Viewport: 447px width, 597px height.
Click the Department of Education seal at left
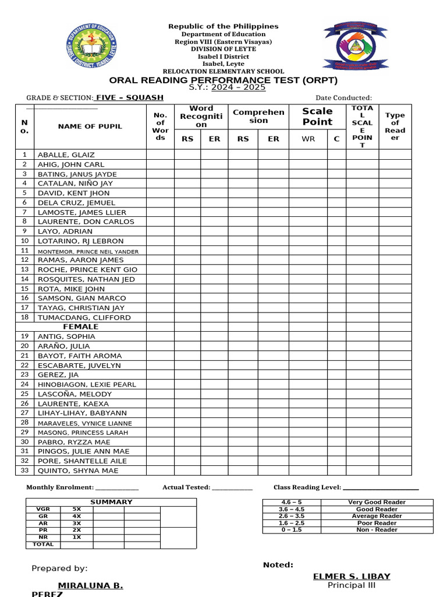pyautogui.click(x=92, y=46)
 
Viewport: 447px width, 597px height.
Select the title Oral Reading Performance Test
pyautogui.click(x=224, y=80)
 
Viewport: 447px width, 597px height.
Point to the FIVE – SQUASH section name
pyautogui.click(x=130, y=97)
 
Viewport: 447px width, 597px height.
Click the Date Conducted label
pyautogui.click(x=343, y=97)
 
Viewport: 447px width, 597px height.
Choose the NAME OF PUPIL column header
pyautogui.click(x=90, y=127)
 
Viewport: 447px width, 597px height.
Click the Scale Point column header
pyautogui.click(x=317, y=117)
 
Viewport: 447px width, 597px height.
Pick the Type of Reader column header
pyautogui.click(x=395, y=127)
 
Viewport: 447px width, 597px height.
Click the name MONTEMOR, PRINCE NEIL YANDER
pyautogui.click(x=88, y=251)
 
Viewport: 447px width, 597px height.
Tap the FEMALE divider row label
pyautogui.click(x=84, y=327)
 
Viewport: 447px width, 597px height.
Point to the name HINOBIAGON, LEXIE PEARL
pyautogui.click(x=87, y=384)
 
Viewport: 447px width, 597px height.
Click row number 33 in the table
pyautogui.click(x=24, y=470)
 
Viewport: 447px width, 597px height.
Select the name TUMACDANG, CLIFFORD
pyautogui.click(x=84, y=318)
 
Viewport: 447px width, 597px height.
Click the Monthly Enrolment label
pyautogui.click(x=59, y=487)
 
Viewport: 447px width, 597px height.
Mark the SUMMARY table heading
pyautogui.click(x=111, y=502)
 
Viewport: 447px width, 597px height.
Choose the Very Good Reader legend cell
pyautogui.click(x=377, y=502)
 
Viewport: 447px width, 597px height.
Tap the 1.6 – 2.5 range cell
pyautogui.click(x=292, y=523)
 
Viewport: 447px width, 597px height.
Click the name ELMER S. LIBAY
pyautogui.click(x=352, y=577)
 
